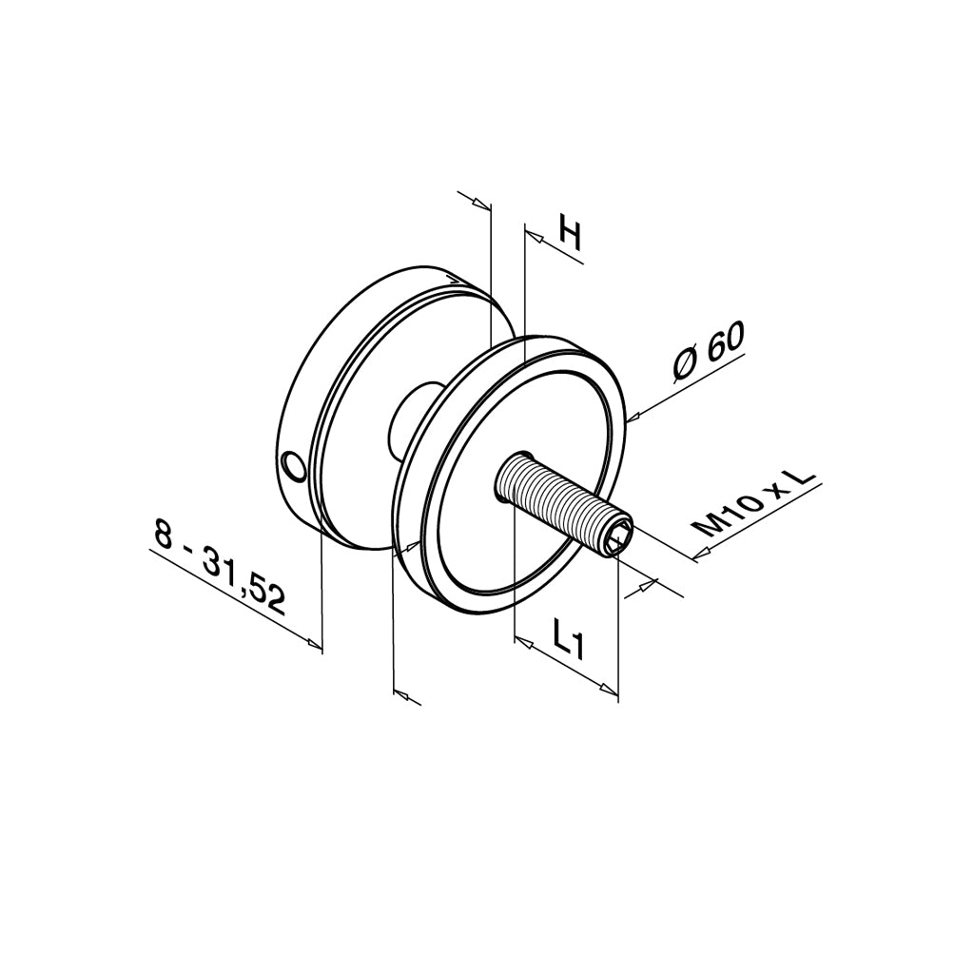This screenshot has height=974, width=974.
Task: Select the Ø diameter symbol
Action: click(687, 364)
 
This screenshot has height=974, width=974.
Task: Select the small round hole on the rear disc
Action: click(295, 466)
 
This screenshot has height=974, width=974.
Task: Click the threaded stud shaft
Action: click(556, 500)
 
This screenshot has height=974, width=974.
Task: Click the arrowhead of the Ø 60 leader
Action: click(635, 414)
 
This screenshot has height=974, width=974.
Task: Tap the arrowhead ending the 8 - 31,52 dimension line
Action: click(313, 644)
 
